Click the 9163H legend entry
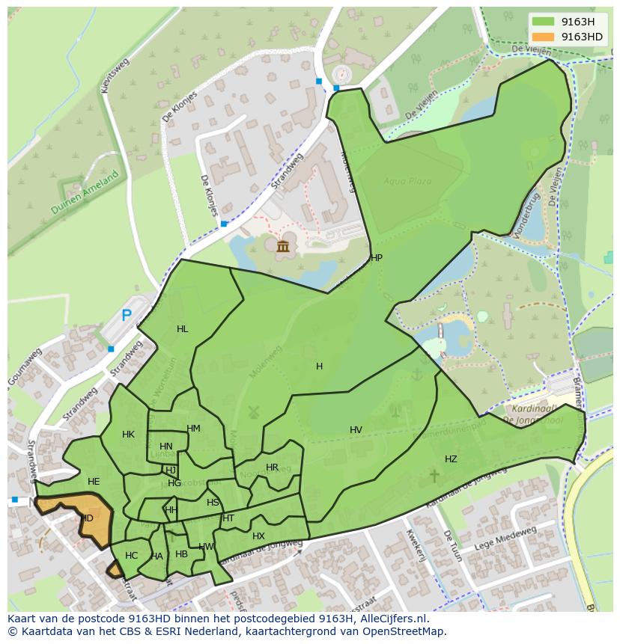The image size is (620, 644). coord(577,22)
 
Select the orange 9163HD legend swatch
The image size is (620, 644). coord(545,37)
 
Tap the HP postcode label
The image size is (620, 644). coord(376,258)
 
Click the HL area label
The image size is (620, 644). coord(183,329)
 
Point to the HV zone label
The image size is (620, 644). coord(356,430)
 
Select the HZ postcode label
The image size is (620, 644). coord(451,459)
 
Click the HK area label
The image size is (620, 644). coord(128,435)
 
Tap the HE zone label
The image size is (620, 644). coord(94,482)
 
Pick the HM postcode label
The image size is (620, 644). coord(193,429)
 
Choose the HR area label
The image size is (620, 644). coord(272,467)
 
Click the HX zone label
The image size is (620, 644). coord(258,536)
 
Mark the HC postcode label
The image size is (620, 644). coord(131,556)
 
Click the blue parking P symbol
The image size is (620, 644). coord(127,316)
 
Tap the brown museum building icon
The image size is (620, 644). coord(283,247)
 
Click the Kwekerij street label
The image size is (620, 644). coord(411,545)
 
